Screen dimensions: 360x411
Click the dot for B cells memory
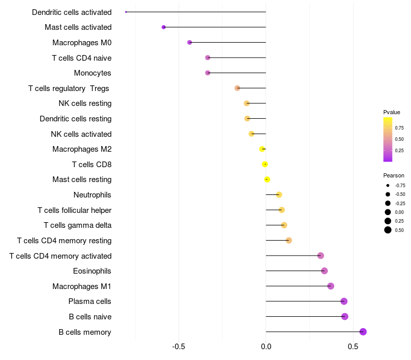[x=363, y=332]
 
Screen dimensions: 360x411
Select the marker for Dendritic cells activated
[x=126, y=12]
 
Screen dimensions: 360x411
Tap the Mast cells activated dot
[x=163, y=27]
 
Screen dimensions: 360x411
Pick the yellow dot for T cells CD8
[x=265, y=165]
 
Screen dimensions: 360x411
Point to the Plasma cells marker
[x=344, y=301]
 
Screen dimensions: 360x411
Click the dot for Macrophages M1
[x=330, y=286]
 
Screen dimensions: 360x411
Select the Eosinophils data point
[x=324, y=271]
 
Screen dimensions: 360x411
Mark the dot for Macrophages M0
[x=190, y=43]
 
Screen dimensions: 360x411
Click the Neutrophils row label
[x=92, y=195]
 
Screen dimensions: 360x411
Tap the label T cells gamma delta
[x=78, y=225]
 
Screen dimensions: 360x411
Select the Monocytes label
[x=92, y=73]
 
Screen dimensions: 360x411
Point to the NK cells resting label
[x=85, y=103]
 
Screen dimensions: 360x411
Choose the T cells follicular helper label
[x=74, y=210]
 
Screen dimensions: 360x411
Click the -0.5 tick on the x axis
[x=179, y=347]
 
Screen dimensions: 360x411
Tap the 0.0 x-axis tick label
[x=266, y=347]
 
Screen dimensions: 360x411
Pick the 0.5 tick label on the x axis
[x=353, y=347]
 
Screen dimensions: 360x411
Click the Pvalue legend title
[x=391, y=112]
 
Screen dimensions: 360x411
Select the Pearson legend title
[x=394, y=175]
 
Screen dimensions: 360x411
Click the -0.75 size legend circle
[x=387, y=185]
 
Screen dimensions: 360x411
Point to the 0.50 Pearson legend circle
[x=387, y=230]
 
